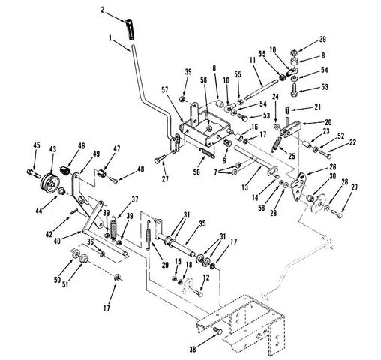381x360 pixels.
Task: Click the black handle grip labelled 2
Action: click(x=130, y=28)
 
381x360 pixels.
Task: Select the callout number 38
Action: click(x=193, y=349)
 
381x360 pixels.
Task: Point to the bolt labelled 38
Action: click(x=217, y=331)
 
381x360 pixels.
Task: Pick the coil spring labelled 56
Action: click(x=207, y=152)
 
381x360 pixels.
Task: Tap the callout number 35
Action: click(x=202, y=223)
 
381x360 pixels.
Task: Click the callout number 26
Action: click(x=332, y=166)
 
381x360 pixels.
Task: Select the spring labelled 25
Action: click(x=275, y=144)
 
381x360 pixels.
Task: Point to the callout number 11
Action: click(x=253, y=61)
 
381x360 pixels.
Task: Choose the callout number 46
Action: click(x=82, y=146)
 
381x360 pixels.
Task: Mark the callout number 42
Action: click(x=49, y=234)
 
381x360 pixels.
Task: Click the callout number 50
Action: click(x=58, y=279)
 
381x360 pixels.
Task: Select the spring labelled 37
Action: click(x=114, y=229)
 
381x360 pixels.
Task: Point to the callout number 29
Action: click(x=165, y=265)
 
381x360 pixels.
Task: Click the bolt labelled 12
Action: click(x=198, y=292)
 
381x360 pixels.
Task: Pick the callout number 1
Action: click(x=110, y=38)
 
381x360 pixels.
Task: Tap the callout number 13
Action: click(x=245, y=187)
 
